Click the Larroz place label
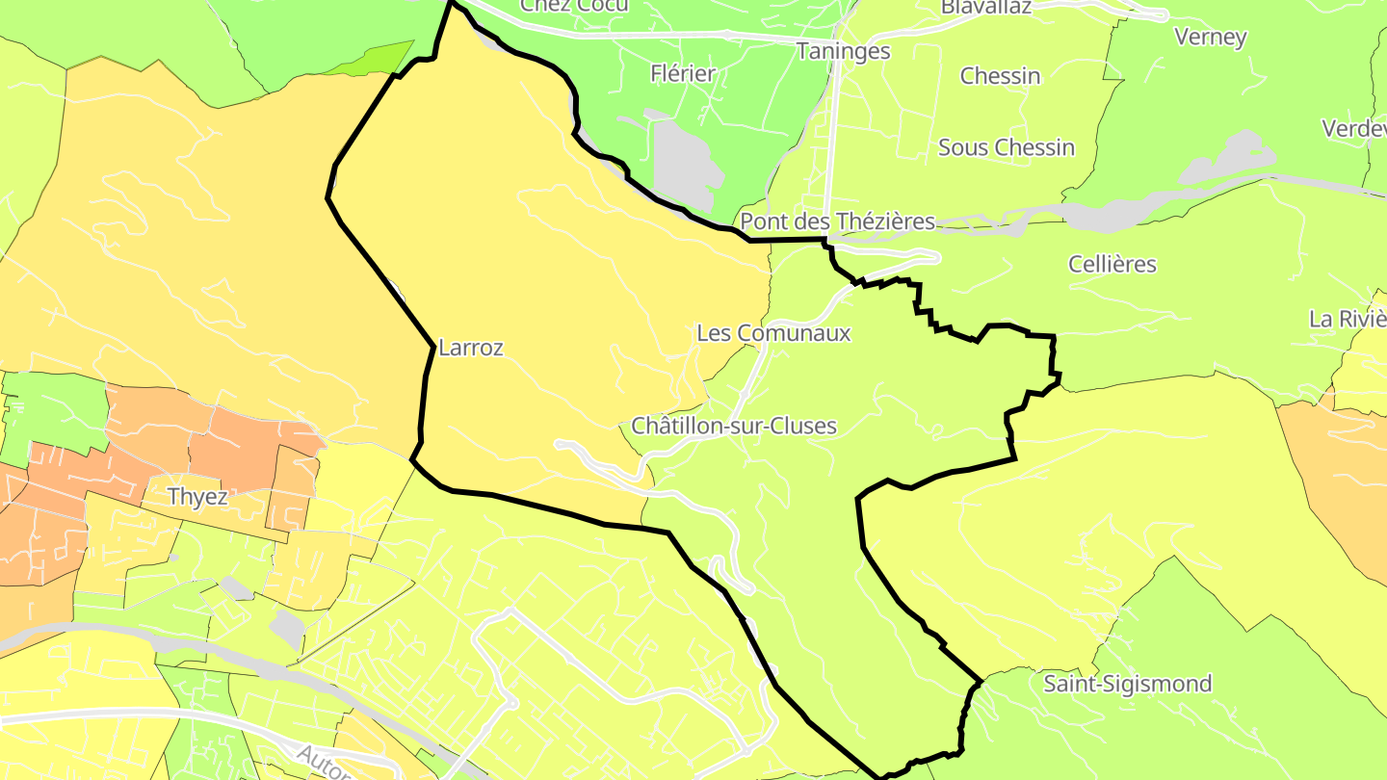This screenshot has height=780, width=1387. [470, 348]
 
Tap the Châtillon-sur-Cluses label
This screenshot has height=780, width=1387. [733, 426]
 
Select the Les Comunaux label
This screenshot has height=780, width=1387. [773, 333]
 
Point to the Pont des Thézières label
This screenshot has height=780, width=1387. [837, 221]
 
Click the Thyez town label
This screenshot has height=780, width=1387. [197, 497]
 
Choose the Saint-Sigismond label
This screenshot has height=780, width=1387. [1128, 684]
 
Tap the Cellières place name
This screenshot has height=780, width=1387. [1112, 264]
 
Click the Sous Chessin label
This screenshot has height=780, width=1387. [1006, 147]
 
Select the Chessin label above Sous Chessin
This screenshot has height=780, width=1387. [1000, 76]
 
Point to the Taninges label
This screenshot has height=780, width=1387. [843, 51]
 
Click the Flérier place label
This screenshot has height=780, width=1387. [683, 73]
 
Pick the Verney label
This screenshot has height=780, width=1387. [1211, 38]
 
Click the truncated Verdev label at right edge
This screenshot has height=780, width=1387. [1353, 128]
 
